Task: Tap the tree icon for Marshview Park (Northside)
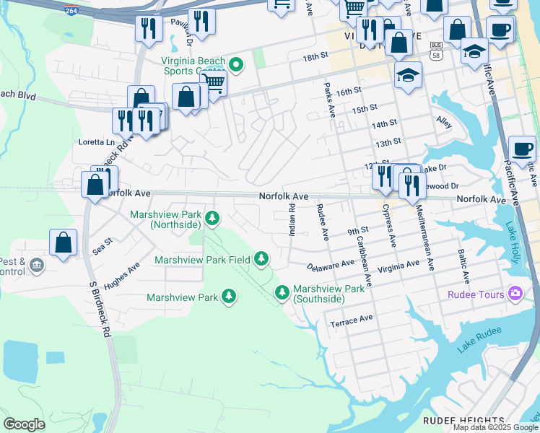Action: tap(212, 217)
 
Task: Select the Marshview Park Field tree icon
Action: tap(261, 258)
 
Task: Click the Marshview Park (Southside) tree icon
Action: tap(282, 292)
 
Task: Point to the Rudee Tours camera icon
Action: tap(515, 293)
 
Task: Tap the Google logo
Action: tap(25, 424)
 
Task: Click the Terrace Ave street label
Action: tap(352, 318)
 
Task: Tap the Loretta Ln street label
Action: tap(96, 142)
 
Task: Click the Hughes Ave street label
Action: tap(121, 276)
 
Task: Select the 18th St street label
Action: tap(315, 57)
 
